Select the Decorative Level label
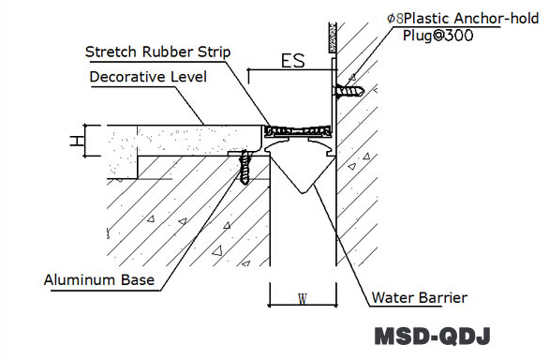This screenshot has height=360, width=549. pyautogui.click(x=149, y=77)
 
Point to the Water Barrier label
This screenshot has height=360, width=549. pyautogui.click(x=419, y=298)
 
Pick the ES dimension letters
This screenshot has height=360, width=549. pyautogui.click(x=293, y=63)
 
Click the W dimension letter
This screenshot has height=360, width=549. pyautogui.click(x=301, y=300)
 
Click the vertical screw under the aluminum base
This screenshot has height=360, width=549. pyautogui.click(x=246, y=169)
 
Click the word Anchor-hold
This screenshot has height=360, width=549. pyautogui.click(x=497, y=17)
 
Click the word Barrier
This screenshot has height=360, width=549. pyautogui.click(x=441, y=298)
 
